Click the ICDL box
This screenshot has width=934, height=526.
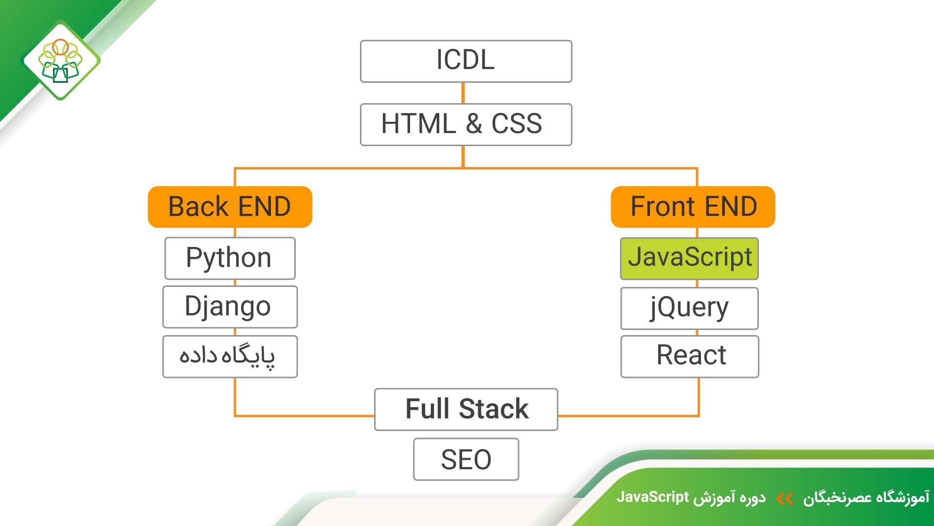click(466, 61)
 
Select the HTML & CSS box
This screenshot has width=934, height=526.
click(466, 124)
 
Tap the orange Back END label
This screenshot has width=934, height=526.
click(230, 207)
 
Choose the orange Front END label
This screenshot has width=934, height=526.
click(693, 207)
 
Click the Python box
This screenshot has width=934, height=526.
click(230, 258)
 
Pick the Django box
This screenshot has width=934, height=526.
click(230, 307)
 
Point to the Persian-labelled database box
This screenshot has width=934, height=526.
click(230, 357)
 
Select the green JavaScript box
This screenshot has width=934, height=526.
click(689, 259)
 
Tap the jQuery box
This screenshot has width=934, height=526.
click(689, 308)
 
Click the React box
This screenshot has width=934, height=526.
click(690, 357)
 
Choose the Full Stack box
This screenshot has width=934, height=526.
click(466, 410)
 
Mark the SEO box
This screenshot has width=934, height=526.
click(466, 459)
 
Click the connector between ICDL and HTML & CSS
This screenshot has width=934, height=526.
click(463, 93)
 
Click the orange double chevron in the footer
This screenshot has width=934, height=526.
click(785, 499)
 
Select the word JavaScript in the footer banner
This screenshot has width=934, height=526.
click(653, 497)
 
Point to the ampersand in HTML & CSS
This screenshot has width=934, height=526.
click(474, 124)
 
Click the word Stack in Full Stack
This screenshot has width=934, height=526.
click(494, 409)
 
